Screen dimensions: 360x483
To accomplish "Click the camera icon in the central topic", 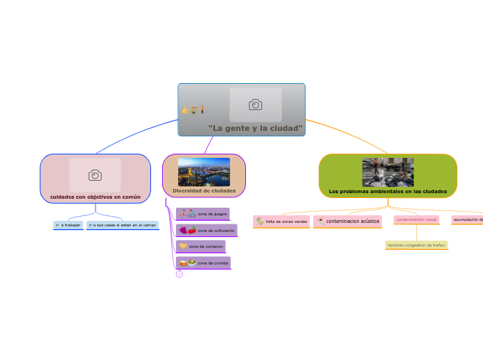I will pyautogui.click(x=256, y=105).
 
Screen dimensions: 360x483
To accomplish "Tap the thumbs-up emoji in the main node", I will pyautogui.click(x=185, y=110).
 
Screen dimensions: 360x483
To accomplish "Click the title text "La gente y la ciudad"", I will pyautogui.click(x=255, y=128).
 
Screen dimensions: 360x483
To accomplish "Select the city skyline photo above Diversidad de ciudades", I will pyautogui.click(x=204, y=172).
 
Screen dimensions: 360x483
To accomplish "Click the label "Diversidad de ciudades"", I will pyautogui.click(x=204, y=191).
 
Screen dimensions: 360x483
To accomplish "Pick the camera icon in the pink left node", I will pyautogui.click(x=95, y=175).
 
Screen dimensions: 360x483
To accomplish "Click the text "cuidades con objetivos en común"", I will pyautogui.click(x=95, y=197).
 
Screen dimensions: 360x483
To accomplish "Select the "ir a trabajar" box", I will pyautogui.click(x=68, y=225).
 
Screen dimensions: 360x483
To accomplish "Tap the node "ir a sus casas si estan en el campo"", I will pyautogui.click(x=123, y=225).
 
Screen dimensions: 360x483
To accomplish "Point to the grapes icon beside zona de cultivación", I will pyautogui.click(x=184, y=231).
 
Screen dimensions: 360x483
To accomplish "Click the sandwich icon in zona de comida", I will pyautogui.click(x=183, y=263).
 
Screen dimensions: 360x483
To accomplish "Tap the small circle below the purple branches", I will pyautogui.click(x=179, y=274).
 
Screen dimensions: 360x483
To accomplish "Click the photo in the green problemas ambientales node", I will pyautogui.click(x=387, y=172).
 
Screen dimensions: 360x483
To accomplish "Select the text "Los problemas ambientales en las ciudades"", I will pyautogui.click(x=387, y=191).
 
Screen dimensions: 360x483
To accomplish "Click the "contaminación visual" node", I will pyautogui.click(x=416, y=219).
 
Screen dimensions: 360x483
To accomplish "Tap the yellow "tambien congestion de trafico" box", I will pyautogui.click(x=416, y=245).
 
